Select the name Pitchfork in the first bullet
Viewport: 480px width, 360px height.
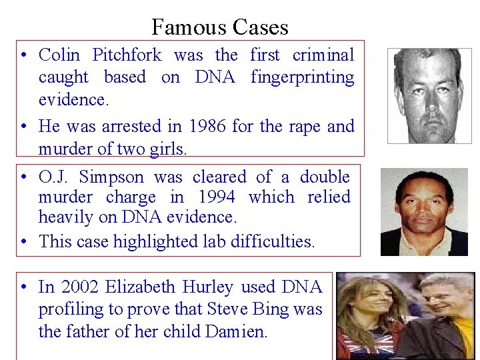[x=126, y=55]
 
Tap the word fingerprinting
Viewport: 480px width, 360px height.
[x=302, y=77]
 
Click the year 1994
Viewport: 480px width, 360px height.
[x=216, y=197]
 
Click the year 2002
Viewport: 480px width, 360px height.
[x=80, y=287]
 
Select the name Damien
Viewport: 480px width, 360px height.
[x=236, y=331]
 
